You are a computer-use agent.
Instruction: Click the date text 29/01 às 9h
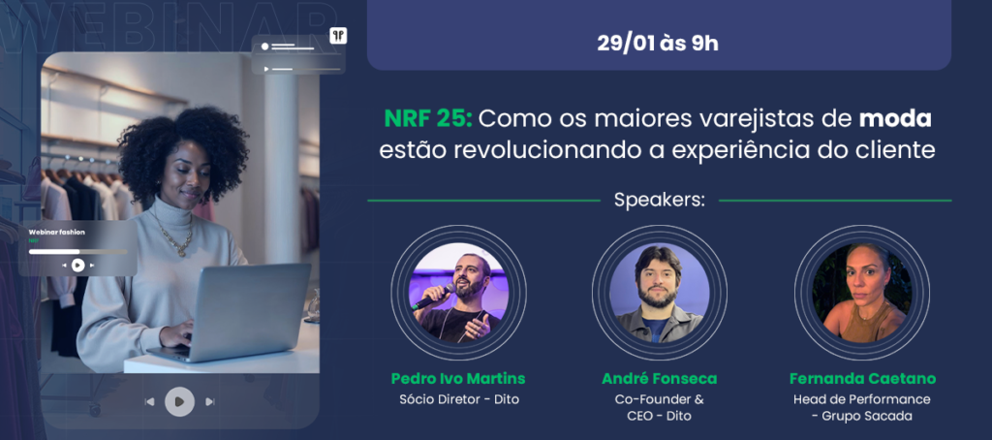coord(658,43)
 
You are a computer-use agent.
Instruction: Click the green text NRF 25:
coord(427,119)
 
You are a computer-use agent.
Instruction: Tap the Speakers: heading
coord(659,201)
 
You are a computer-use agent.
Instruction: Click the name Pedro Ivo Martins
coord(458,379)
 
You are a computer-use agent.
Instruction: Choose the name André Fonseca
coord(659,379)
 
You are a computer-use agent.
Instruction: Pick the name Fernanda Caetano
coord(862,379)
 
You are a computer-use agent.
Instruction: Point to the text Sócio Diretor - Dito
coord(459,399)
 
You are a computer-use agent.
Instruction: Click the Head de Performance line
coord(862,399)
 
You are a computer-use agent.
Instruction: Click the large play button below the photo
coord(179,401)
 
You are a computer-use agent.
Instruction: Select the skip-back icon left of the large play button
coord(149,401)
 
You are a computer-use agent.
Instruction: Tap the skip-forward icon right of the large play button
coord(210,401)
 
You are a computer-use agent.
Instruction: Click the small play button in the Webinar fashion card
coord(77,266)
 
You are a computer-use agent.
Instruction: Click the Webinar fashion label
coord(56,233)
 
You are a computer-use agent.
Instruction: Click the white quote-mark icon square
coord(338,36)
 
